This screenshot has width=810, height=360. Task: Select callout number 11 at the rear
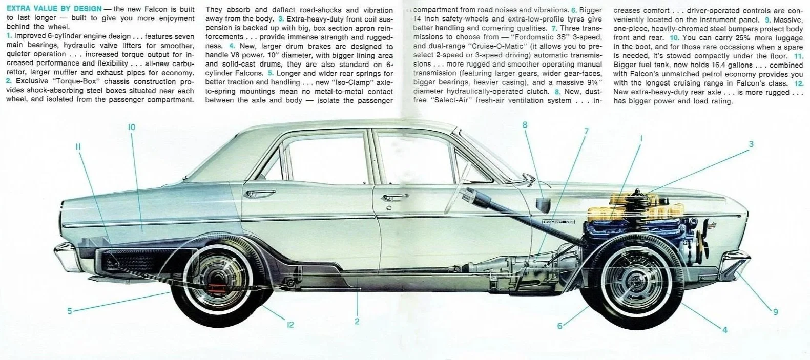coord(78,146)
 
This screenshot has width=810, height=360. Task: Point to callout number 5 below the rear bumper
coord(70,310)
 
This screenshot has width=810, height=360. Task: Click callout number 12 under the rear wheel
coord(290,324)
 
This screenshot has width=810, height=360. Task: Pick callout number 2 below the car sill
coord(357,322)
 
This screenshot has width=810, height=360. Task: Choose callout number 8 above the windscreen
coord(525,124)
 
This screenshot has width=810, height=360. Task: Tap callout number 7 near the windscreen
coord(586,131)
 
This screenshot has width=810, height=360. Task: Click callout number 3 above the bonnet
coord(751,144)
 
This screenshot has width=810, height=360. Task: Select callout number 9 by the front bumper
coord(775,311)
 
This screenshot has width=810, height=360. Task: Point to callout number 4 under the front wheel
coord(724,330)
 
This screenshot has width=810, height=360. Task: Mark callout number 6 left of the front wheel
coord(560,326)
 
